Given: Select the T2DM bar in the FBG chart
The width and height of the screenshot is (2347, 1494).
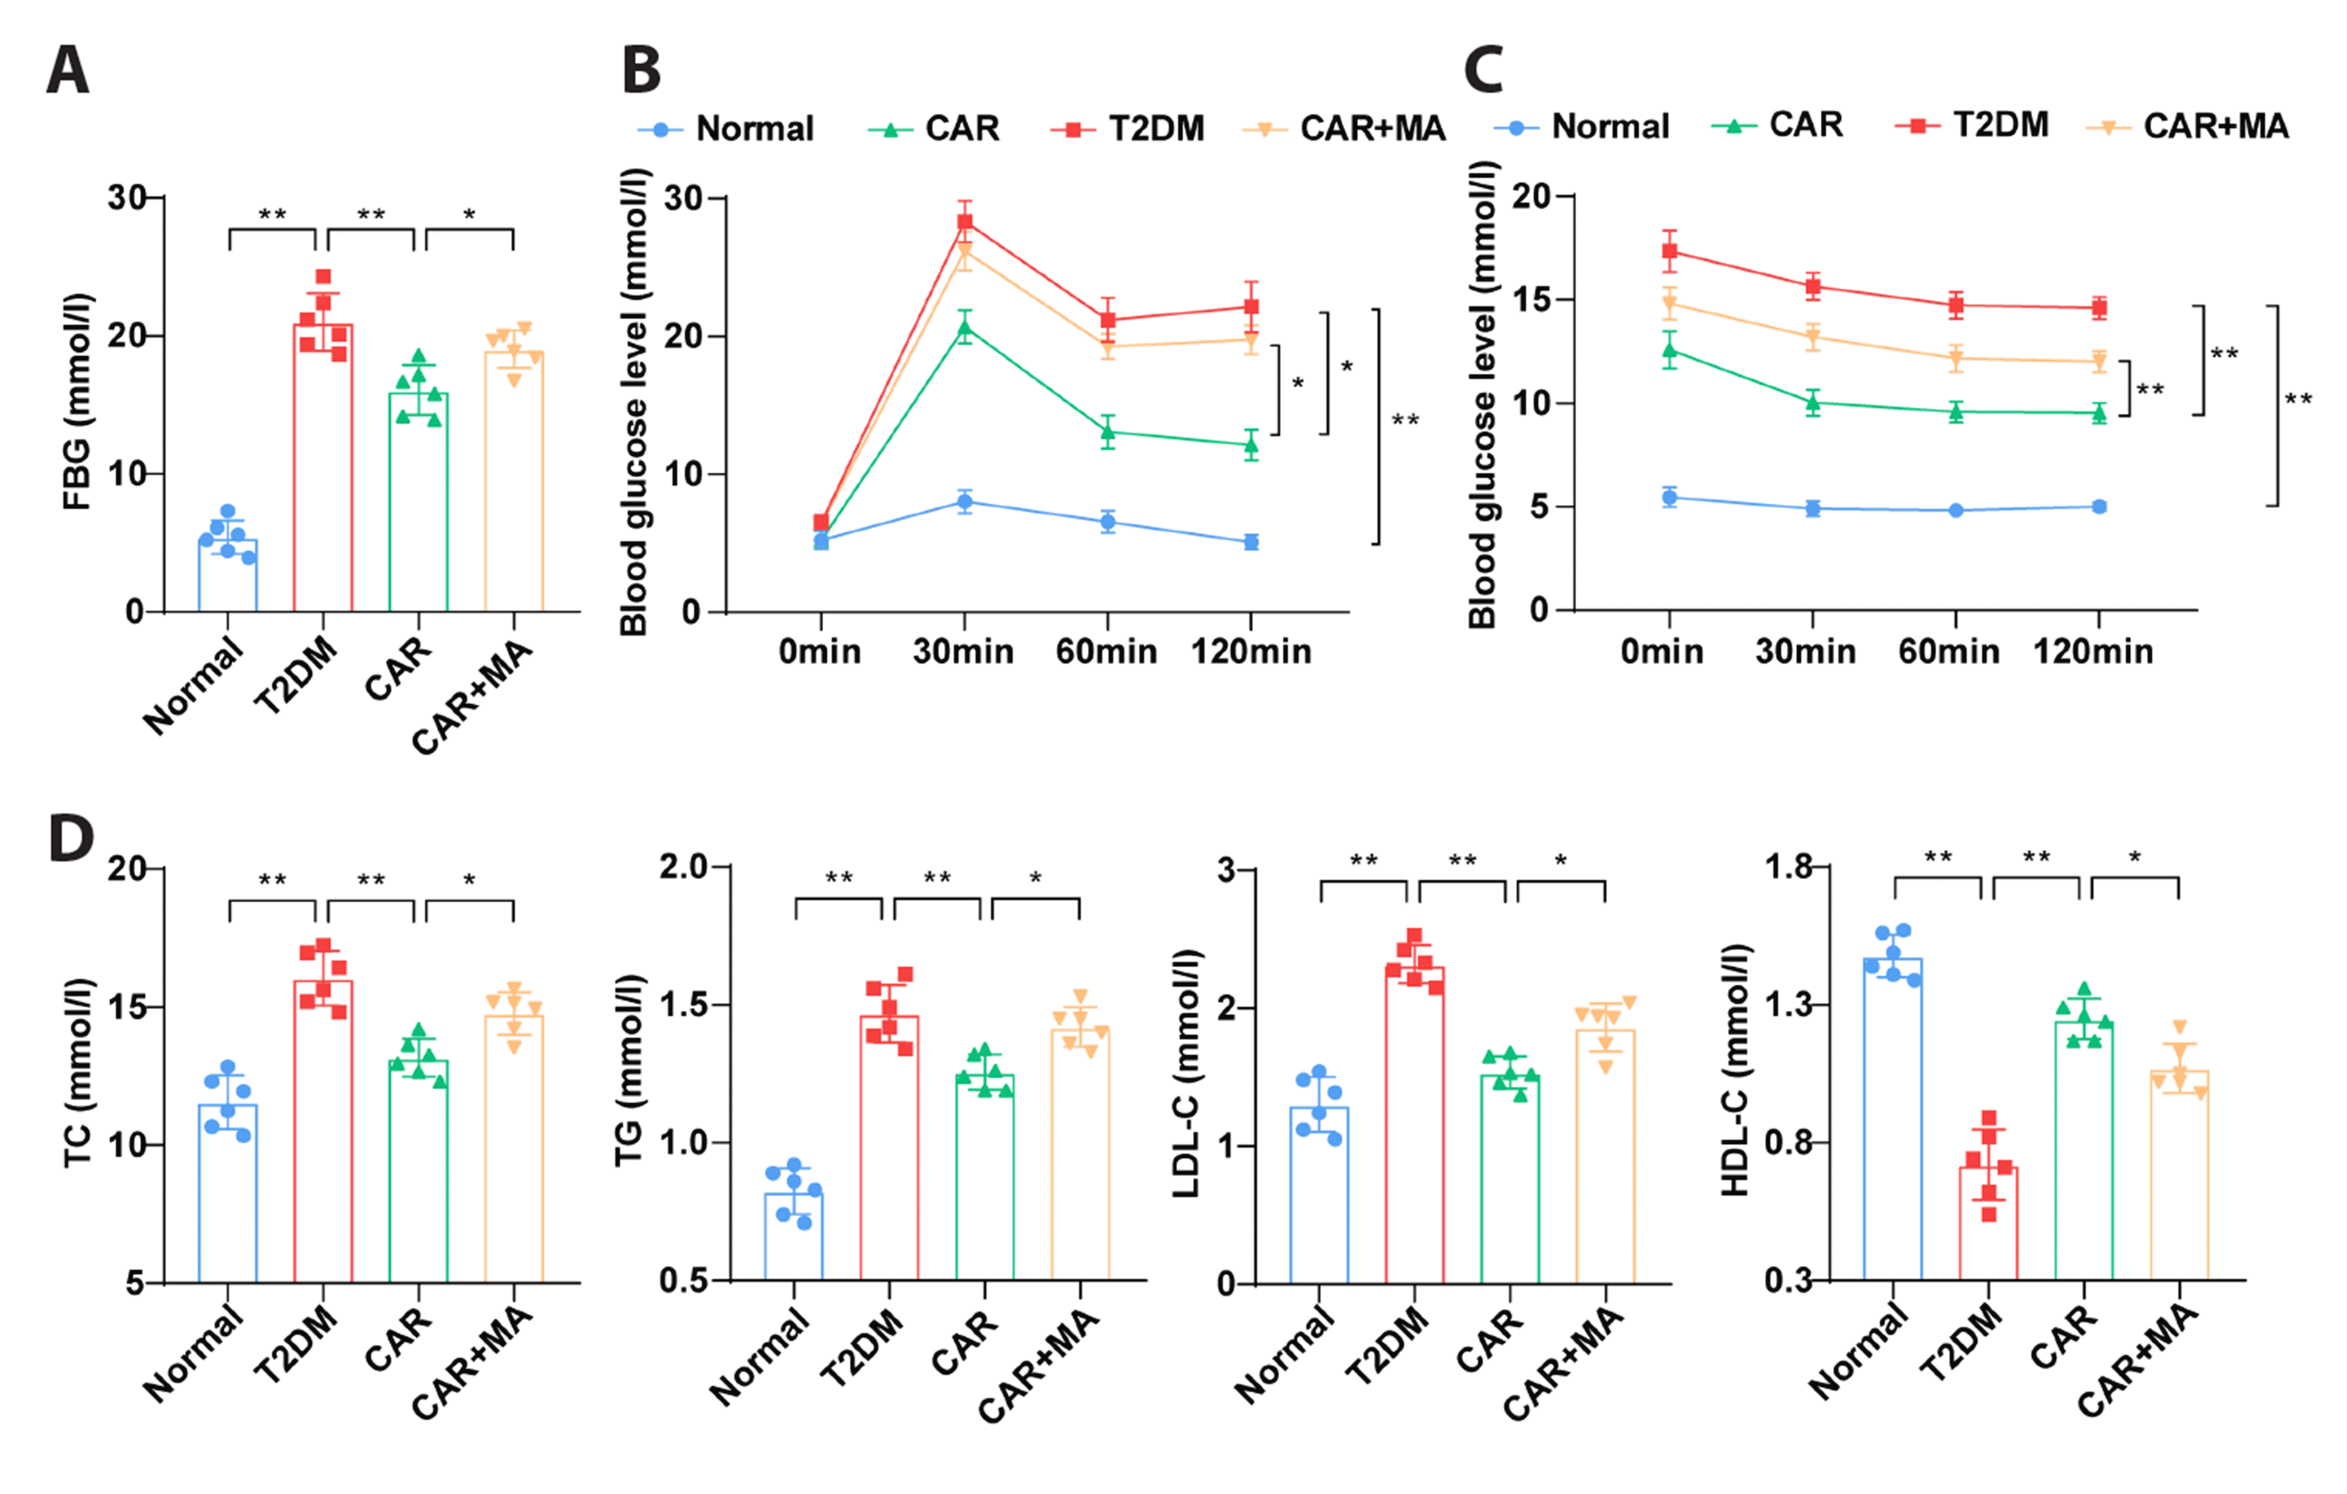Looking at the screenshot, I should [323, 468].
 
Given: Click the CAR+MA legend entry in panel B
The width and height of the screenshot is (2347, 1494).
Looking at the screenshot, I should [1345, 129].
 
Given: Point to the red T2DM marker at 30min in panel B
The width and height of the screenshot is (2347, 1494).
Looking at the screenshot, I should [964, 221].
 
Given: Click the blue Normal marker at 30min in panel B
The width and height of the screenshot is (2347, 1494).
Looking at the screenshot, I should [964, 502].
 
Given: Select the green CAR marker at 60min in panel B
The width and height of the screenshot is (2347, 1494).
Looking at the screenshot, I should [1107, 431].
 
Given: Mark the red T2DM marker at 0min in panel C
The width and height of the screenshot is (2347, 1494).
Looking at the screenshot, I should [1670, 251].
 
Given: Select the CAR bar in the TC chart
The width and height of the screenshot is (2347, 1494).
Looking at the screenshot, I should [418, 1169].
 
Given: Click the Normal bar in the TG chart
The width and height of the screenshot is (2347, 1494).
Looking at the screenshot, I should [793, 1236].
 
